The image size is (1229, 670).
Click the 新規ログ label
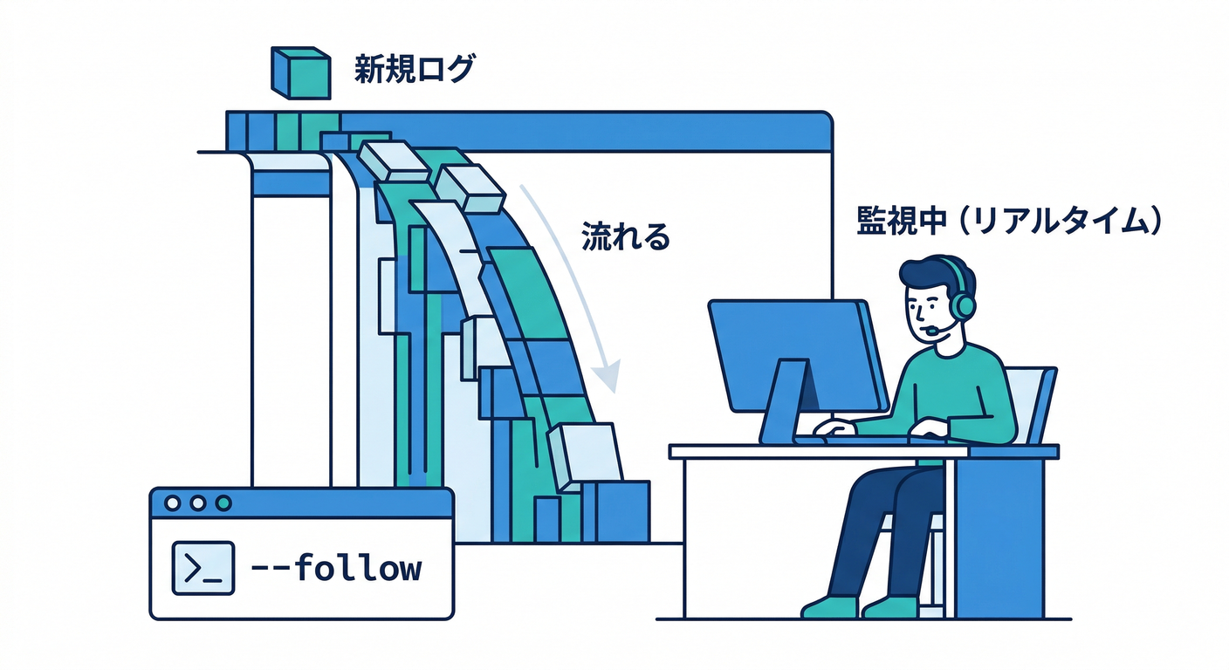pyautogui.click(x=414, y=70)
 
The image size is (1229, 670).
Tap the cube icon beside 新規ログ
pyautogui.click(x=300, y=72)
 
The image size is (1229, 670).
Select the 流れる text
pyautogui.click(x=625, y=236)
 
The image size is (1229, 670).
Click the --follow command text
pyautogui.click(x=335, y=569)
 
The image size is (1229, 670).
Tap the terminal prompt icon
pyautogui.click(x=203, y=568)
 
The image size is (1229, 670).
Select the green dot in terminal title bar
pyautogui.click(x=223, y=503)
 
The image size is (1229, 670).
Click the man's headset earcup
pyautogui.click(x=963, y=305)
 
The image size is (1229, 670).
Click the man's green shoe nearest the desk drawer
pyautogui.click(x=890, y=607)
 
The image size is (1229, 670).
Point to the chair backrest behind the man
pyautogui.click(x=1037, y=401)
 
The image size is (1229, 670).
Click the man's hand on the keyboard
pyautogui.click(x=836, y=427)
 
